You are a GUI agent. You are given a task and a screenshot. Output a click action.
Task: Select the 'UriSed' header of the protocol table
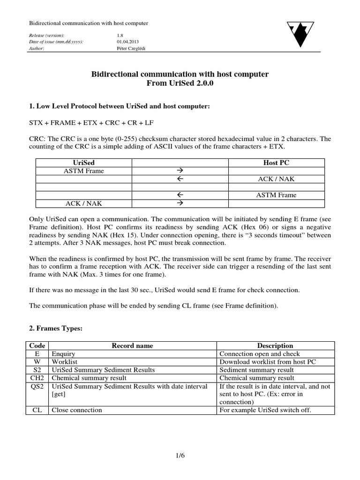[x=84, y=162]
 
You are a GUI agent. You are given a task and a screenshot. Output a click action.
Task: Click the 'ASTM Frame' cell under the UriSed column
[x=84, y=171]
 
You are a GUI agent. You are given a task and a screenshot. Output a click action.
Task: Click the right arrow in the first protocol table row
[x=180, y=171]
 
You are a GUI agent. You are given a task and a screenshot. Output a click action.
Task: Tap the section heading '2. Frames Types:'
[x=56, y=329]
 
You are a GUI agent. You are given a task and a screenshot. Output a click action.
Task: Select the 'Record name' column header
[x=132, y=346]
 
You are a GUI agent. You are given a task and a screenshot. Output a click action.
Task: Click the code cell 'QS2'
[x=37, y=386]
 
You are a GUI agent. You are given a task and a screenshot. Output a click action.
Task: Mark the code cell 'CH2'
[x=37, y=378]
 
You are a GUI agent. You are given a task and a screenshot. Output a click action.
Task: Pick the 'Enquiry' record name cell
[x=63, y=354]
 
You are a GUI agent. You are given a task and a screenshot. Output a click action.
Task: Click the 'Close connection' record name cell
[x=77, y=410]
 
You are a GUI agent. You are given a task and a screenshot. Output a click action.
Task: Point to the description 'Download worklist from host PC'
[x=268, y=362]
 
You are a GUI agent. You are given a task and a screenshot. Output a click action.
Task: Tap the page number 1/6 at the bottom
[x=180, y=455]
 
